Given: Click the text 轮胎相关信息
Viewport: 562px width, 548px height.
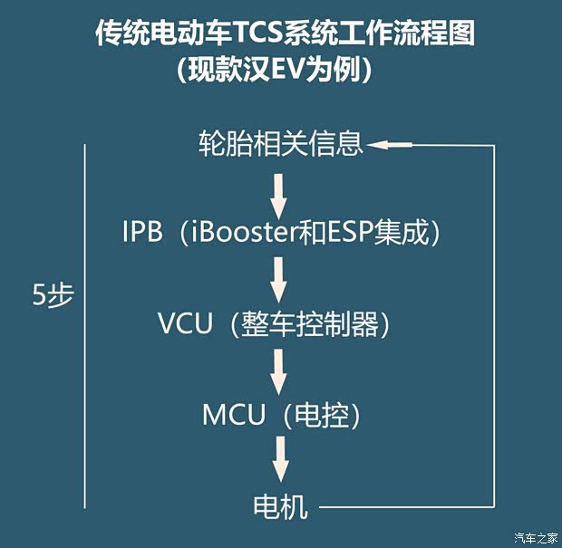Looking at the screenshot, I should point(280,143).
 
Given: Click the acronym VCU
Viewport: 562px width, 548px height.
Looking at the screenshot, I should point(186,323).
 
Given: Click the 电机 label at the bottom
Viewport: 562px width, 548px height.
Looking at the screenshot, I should point(280,506).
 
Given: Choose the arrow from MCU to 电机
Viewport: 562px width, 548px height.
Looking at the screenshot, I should point(279,460).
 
